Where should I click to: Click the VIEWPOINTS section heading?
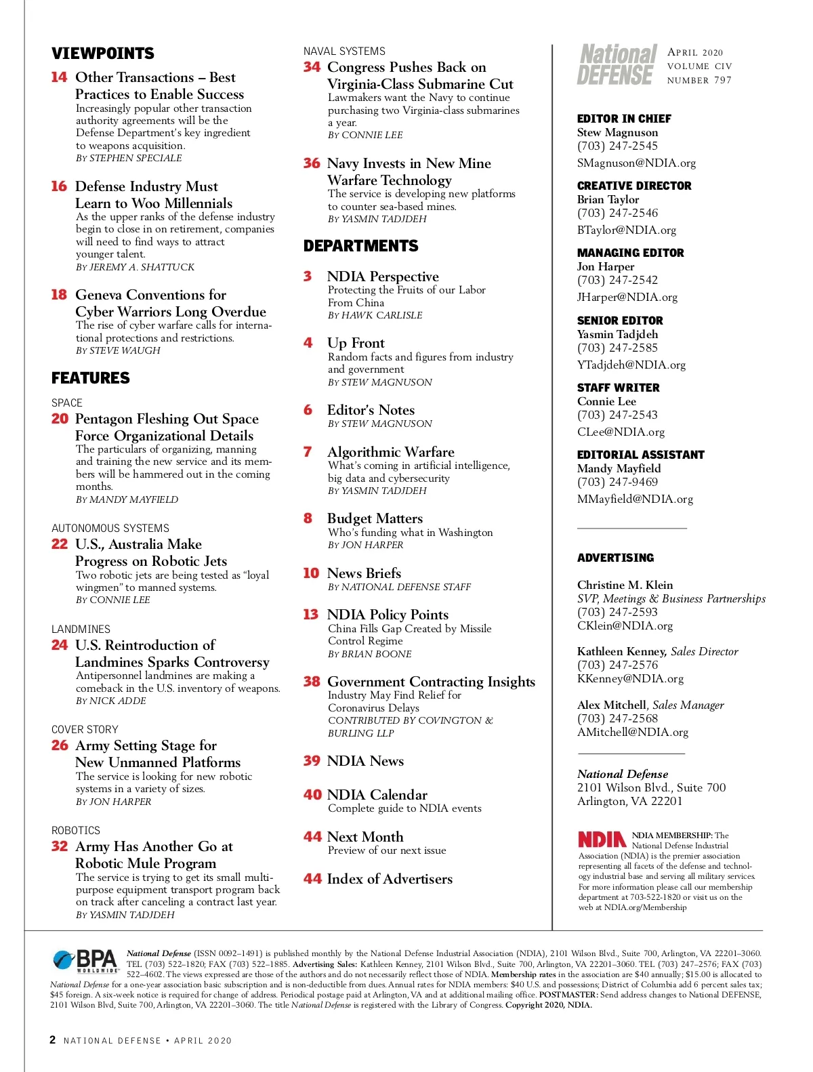103,54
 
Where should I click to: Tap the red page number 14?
59,77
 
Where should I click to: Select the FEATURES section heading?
91,378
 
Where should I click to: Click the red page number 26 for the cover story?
60,745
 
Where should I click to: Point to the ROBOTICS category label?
76,830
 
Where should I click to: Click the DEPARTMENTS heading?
361,246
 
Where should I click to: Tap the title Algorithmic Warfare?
390,452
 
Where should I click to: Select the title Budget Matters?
375,518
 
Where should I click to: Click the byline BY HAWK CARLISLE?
375,316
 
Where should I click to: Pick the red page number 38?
312,682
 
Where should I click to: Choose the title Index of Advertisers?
390,879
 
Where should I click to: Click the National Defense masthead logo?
617,65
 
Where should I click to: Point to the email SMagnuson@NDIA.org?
636,163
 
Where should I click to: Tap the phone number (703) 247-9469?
617,482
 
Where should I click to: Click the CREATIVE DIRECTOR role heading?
634,186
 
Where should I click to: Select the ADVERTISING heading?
615,558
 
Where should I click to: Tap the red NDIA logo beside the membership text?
602,840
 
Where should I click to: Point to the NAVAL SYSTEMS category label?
344,51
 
